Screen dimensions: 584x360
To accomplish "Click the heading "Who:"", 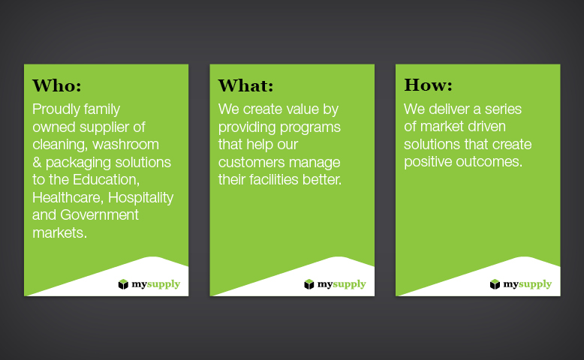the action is (x=56, y=85).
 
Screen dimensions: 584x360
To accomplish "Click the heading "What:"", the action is (x=245, y=85).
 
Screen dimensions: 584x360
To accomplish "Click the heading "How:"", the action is (x=429, y=85).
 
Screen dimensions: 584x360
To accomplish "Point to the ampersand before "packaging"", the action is (x=37, y=162).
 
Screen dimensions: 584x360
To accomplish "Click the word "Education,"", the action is (x=106, y=180).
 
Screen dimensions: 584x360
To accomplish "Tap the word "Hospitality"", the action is (x=141, y=198).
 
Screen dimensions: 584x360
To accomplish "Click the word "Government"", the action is (x=99, y=214).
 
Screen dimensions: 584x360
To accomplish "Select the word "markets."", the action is (x=59, y=232).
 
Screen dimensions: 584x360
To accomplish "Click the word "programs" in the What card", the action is (x=310, y=127).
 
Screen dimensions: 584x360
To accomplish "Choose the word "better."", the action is (x=322, y=180).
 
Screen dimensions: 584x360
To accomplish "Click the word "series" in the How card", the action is (x=502, y=109).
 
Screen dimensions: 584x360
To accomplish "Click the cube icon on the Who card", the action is (x=123, y=284).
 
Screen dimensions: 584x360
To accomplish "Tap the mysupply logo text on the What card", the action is (x=342, y=284).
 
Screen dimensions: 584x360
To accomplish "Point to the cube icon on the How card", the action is (x=495, y=284).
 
